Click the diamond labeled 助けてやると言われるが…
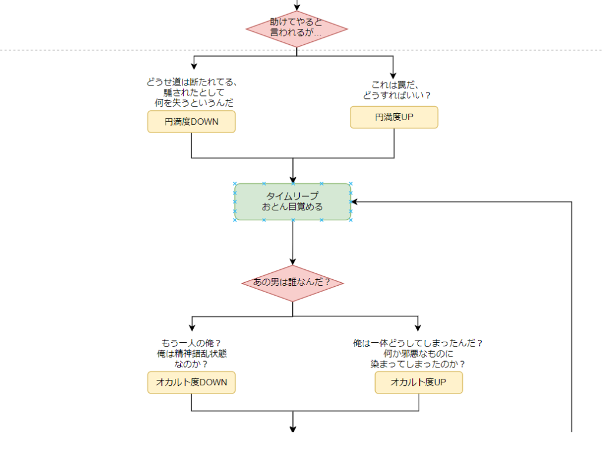click(296, 28)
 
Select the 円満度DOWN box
click(191, 122)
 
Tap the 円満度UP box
click(394, 117)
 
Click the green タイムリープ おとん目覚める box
click(293, 201)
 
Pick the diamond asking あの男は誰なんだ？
click(292, 283)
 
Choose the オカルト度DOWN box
click(191, 382)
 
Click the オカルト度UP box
click(419, 382)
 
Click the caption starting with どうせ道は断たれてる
click(191, 92)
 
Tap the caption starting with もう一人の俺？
click(191, 353)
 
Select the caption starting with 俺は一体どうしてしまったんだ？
click(418, 353)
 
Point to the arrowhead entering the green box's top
click(293, 180)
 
